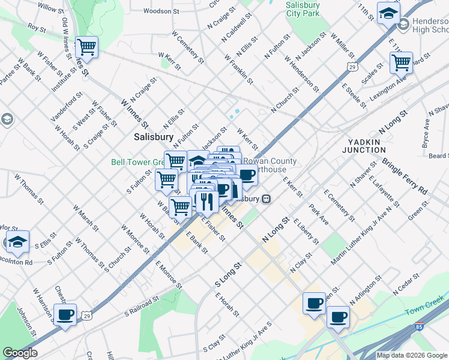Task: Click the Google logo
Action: (x=20, y=353)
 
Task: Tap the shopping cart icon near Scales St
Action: (x=401, y=62)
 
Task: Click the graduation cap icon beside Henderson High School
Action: (x=388, y=14)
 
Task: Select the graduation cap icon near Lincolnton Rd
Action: (x=18, y=242)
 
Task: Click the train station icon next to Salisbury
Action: (x=266, y=199)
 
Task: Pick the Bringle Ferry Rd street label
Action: (x=405, y=176)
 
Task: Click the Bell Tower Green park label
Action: (x=137, y=162)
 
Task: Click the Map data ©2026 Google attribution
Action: (x=412, y=355)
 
